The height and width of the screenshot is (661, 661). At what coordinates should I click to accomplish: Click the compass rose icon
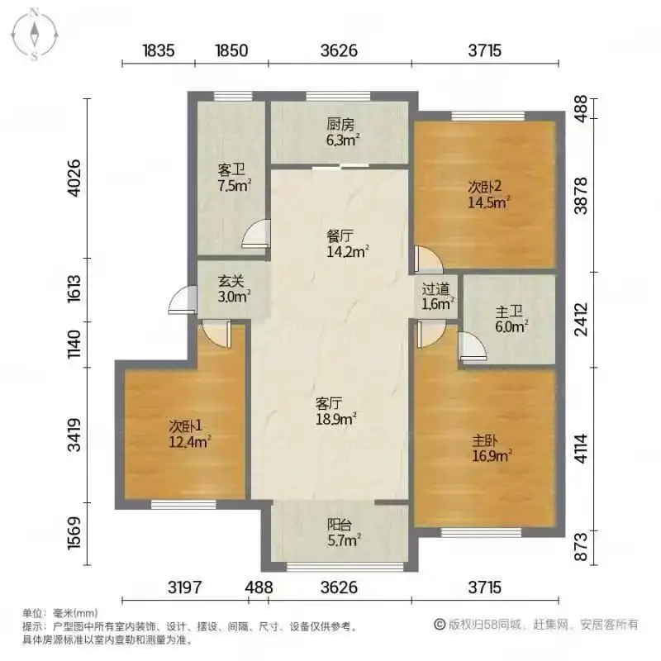tap(35, 35)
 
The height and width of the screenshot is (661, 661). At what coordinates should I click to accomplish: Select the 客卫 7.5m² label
tap(234, 178)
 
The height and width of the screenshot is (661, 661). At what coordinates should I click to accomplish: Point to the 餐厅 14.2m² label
tap(348, 244)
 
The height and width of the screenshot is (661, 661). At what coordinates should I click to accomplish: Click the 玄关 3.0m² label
tap(234, 289)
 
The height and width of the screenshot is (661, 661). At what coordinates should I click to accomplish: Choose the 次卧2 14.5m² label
tap(488, 194)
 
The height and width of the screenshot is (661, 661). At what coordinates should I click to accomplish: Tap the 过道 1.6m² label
tap(438, 297)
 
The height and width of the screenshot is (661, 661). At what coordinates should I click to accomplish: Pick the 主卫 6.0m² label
tap(511, 319)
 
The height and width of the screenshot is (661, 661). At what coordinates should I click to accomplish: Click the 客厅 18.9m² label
tap(336, 411)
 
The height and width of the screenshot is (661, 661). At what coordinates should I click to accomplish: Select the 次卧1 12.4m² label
tap(190, 434)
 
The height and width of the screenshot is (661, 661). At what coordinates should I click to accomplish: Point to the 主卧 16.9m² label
tap(492, 448)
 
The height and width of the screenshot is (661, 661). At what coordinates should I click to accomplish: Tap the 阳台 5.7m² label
tap(344, 532)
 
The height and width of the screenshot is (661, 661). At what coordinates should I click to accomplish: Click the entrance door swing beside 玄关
tap(183, 300)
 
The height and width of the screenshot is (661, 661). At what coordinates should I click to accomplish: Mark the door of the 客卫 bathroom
tap(256, 233)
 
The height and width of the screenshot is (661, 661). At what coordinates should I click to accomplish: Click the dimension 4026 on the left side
tap(74, 178)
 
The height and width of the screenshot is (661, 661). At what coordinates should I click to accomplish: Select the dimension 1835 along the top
tap(159, 50)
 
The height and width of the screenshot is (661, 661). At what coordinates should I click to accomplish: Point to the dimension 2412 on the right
tap(582, 319)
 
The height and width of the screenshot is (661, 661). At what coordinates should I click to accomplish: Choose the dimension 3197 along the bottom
tap(184, 587)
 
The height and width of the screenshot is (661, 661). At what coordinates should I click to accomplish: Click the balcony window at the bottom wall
tap(345, 567)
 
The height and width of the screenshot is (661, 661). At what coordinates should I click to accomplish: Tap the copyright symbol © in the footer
tap(440, 625)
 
